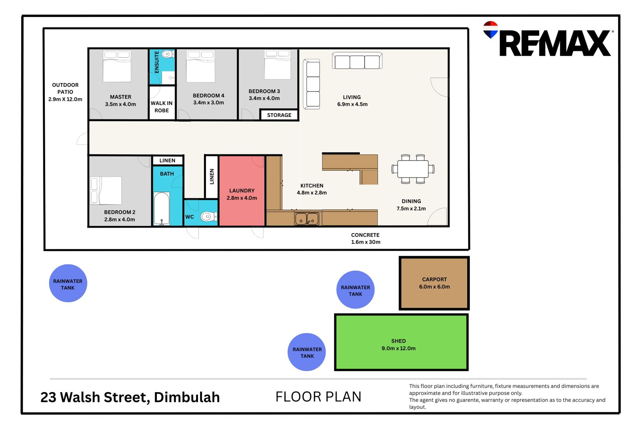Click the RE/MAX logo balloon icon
click(x=491, y=29)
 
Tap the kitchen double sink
click(x=307, y=219)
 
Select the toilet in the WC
click(x=209, y=217)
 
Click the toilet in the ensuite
click(x=168, y=54)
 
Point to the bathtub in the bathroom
click(x=162, y=208)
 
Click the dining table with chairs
click(x=413, y=169)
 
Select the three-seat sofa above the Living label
click(x=357, y=60)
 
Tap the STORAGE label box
click(x=279, y=115)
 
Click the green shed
click(x=401, y=342)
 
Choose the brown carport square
click(x=434, y=283)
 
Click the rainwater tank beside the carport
click(x=355, y=290)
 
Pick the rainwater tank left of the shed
click(x=307, y=352)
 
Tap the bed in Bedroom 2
click(x=106, y=190)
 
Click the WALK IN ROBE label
click(x=162, y=107)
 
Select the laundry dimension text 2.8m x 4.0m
click(x=242, y=198)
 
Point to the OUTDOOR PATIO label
click(x=65, y=88)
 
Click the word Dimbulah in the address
click(x=187, y=397)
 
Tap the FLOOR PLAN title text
click(x=318, y=397)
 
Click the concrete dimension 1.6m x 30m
click(x=365, y=242)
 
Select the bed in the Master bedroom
click(x=117, y=66)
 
